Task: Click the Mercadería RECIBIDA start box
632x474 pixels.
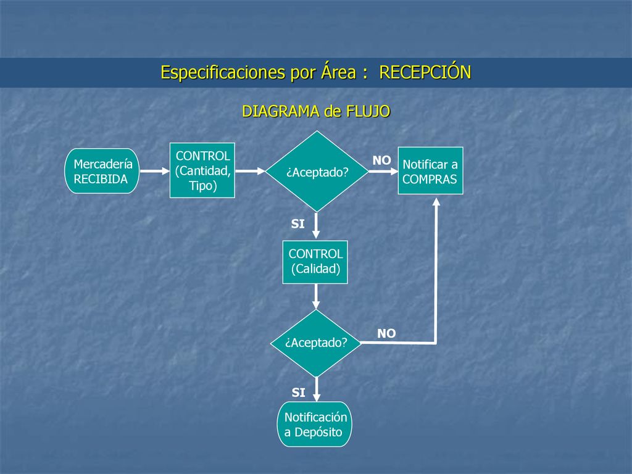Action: point(102,171)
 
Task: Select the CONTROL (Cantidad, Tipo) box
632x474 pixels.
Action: point(202,170)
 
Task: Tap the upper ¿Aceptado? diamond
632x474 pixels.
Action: point(317,172)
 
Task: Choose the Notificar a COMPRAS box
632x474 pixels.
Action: point(430,170)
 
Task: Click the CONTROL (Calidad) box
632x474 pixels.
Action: point(315,262)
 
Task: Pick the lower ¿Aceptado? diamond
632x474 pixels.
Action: point(316,343)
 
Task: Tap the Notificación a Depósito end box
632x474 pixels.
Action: point(314,424)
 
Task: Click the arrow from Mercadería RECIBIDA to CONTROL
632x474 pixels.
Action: point(155,171)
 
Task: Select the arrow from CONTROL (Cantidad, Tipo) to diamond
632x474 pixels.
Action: point(251,171)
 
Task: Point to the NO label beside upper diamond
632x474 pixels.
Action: point(381,160)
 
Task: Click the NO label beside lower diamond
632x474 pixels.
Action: point(386,333)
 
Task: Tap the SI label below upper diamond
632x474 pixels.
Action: point(298,223)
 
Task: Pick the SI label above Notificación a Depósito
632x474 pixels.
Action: point(298,392)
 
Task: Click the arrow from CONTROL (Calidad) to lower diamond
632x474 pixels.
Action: point(316,297)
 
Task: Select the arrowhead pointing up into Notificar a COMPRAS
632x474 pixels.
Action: point(436,202)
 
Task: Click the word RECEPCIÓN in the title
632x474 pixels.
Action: point(425,73)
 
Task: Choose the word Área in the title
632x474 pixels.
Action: point(339,72)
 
